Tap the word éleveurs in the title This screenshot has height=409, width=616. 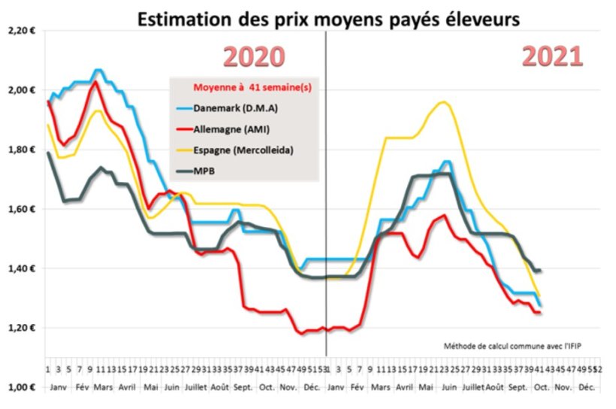click(x=479, y=20)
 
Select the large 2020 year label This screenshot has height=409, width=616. click(x=255, y=58)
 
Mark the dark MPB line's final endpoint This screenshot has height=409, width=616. click(x=540, y=271)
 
